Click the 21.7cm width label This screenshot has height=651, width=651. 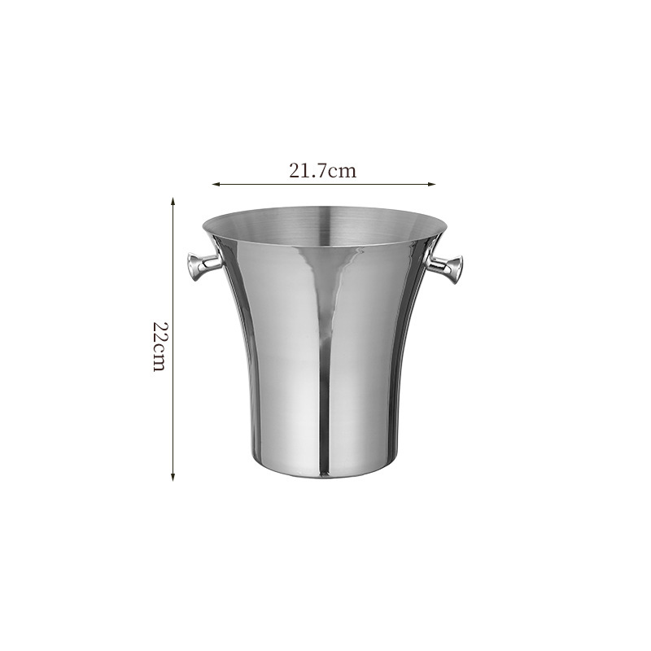pyautogui.click(x=323, y=171)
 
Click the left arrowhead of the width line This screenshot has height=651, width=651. pyautogui.click(x=216, y=184)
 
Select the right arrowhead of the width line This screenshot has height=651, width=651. pyautogui.click(x=433, y=184)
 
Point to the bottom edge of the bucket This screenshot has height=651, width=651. pyautogui.click(x=324, y=477)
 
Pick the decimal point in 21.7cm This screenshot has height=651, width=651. pyautogui.click(x=313, y=175)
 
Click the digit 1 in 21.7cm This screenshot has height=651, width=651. pyautogui.click(x=305, y=171)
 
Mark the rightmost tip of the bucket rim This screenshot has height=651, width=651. pyautogui.click(x=447, y=225)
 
